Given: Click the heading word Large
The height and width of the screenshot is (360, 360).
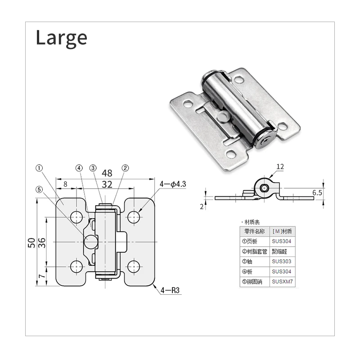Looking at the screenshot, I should (x=61, y=38).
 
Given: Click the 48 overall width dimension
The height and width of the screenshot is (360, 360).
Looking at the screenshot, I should (x=107, y=173).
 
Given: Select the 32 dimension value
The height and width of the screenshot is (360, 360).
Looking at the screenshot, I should (x=107, y=184).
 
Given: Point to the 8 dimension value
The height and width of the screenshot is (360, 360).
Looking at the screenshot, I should (x=65, y=184).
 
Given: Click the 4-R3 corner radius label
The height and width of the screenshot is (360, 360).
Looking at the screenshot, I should (x=170, y=291).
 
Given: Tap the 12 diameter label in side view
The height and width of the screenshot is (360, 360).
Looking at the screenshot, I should (x=280, y=166).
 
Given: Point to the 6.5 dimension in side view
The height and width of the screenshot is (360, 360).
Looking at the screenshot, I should (x=317, y=192).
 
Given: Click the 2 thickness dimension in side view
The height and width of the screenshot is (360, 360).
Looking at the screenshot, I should (x=202, y=206).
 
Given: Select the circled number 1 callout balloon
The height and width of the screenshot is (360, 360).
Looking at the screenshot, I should (x=39, y=168).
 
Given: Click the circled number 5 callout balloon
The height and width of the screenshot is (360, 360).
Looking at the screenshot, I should (x=39, y=189).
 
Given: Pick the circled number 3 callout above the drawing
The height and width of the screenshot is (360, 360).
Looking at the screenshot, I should (x=93, y=168).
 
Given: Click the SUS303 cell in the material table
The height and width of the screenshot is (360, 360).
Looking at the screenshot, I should (x=282, y=261).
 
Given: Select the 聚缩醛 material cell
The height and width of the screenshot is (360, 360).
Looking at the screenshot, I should (x=282, y=252).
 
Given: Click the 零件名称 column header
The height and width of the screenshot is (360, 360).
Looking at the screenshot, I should (x=254, y=231).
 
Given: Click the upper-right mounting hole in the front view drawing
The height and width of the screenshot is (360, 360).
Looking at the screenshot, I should (x=134, y=217).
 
